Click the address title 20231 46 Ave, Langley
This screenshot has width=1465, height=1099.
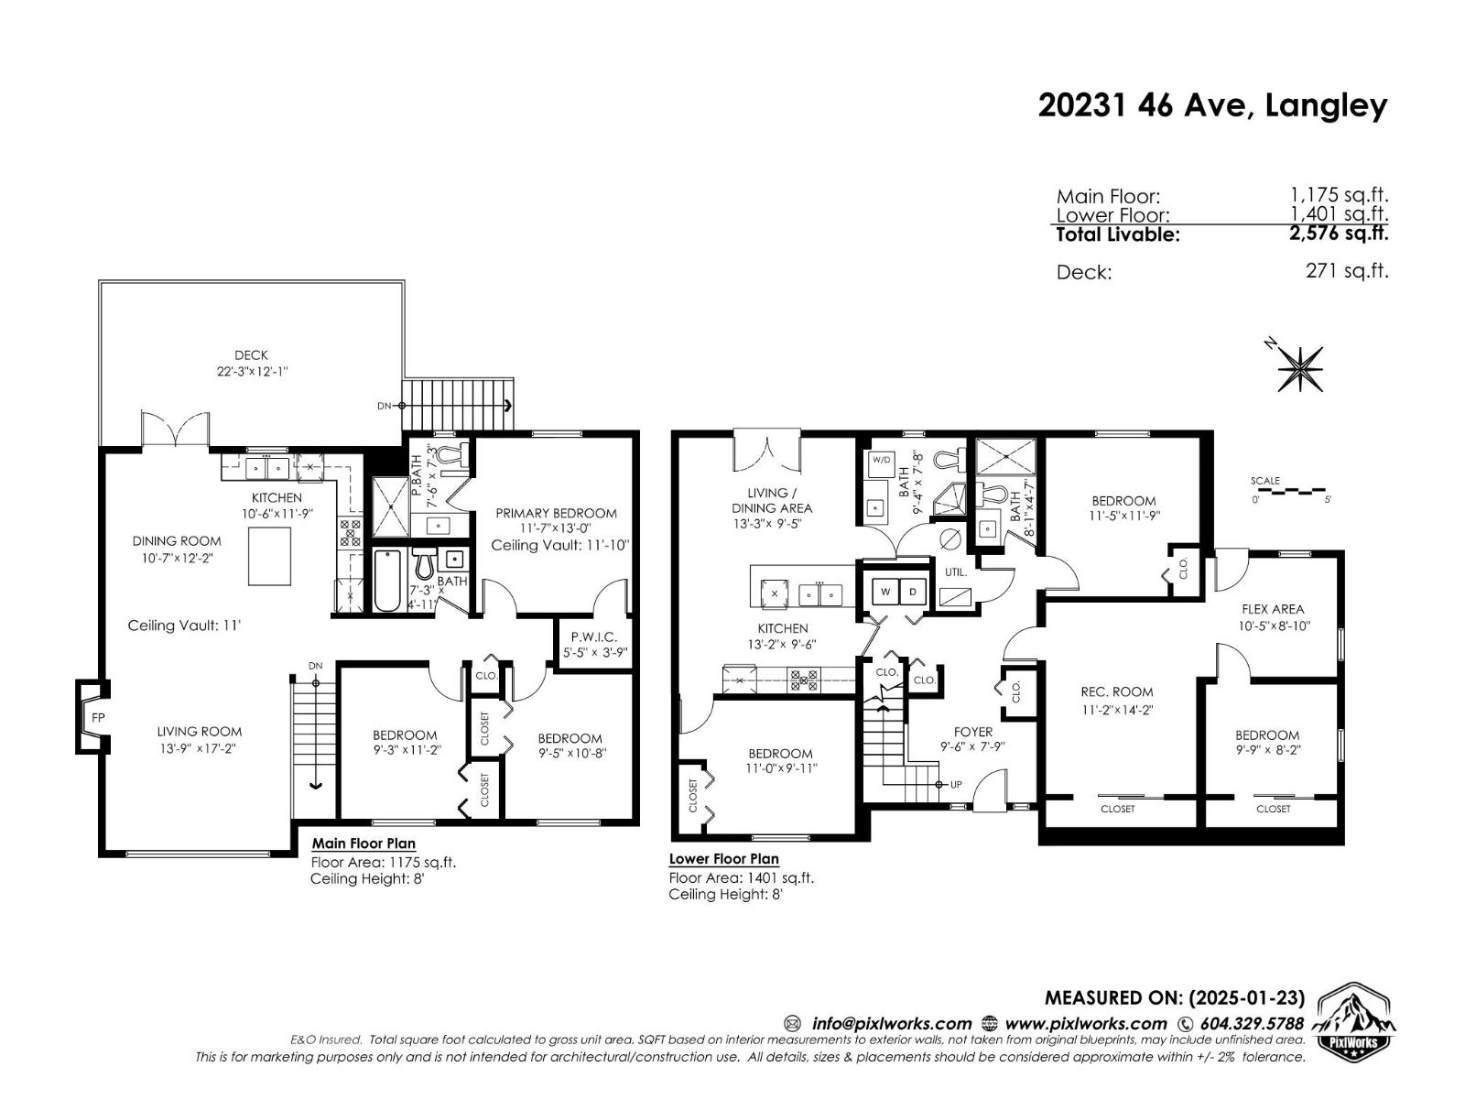tap(1212, 106)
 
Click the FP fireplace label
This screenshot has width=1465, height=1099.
tap(98, 717)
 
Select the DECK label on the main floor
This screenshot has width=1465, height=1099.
tap(251, 355)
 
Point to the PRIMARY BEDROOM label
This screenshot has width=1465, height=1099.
tap(556, 513)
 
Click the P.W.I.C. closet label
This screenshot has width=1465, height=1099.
tap(594, 637)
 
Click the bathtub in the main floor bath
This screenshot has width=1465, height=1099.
tap(386, 581)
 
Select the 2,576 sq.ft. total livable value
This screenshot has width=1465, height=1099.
tap(1339, 234)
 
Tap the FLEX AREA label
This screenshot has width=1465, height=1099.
tap(1273, 609)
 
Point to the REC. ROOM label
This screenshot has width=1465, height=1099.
tap(1117, 692)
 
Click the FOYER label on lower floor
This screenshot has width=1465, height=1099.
tap(972, 732)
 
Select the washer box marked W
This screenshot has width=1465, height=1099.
tap(885, 593)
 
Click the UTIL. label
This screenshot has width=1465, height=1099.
tap(956, 571)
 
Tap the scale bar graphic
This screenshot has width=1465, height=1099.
tap(1292, 492)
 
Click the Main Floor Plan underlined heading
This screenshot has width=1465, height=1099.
tap(364, 843)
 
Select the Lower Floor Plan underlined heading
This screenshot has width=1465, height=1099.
tap(723, 859)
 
